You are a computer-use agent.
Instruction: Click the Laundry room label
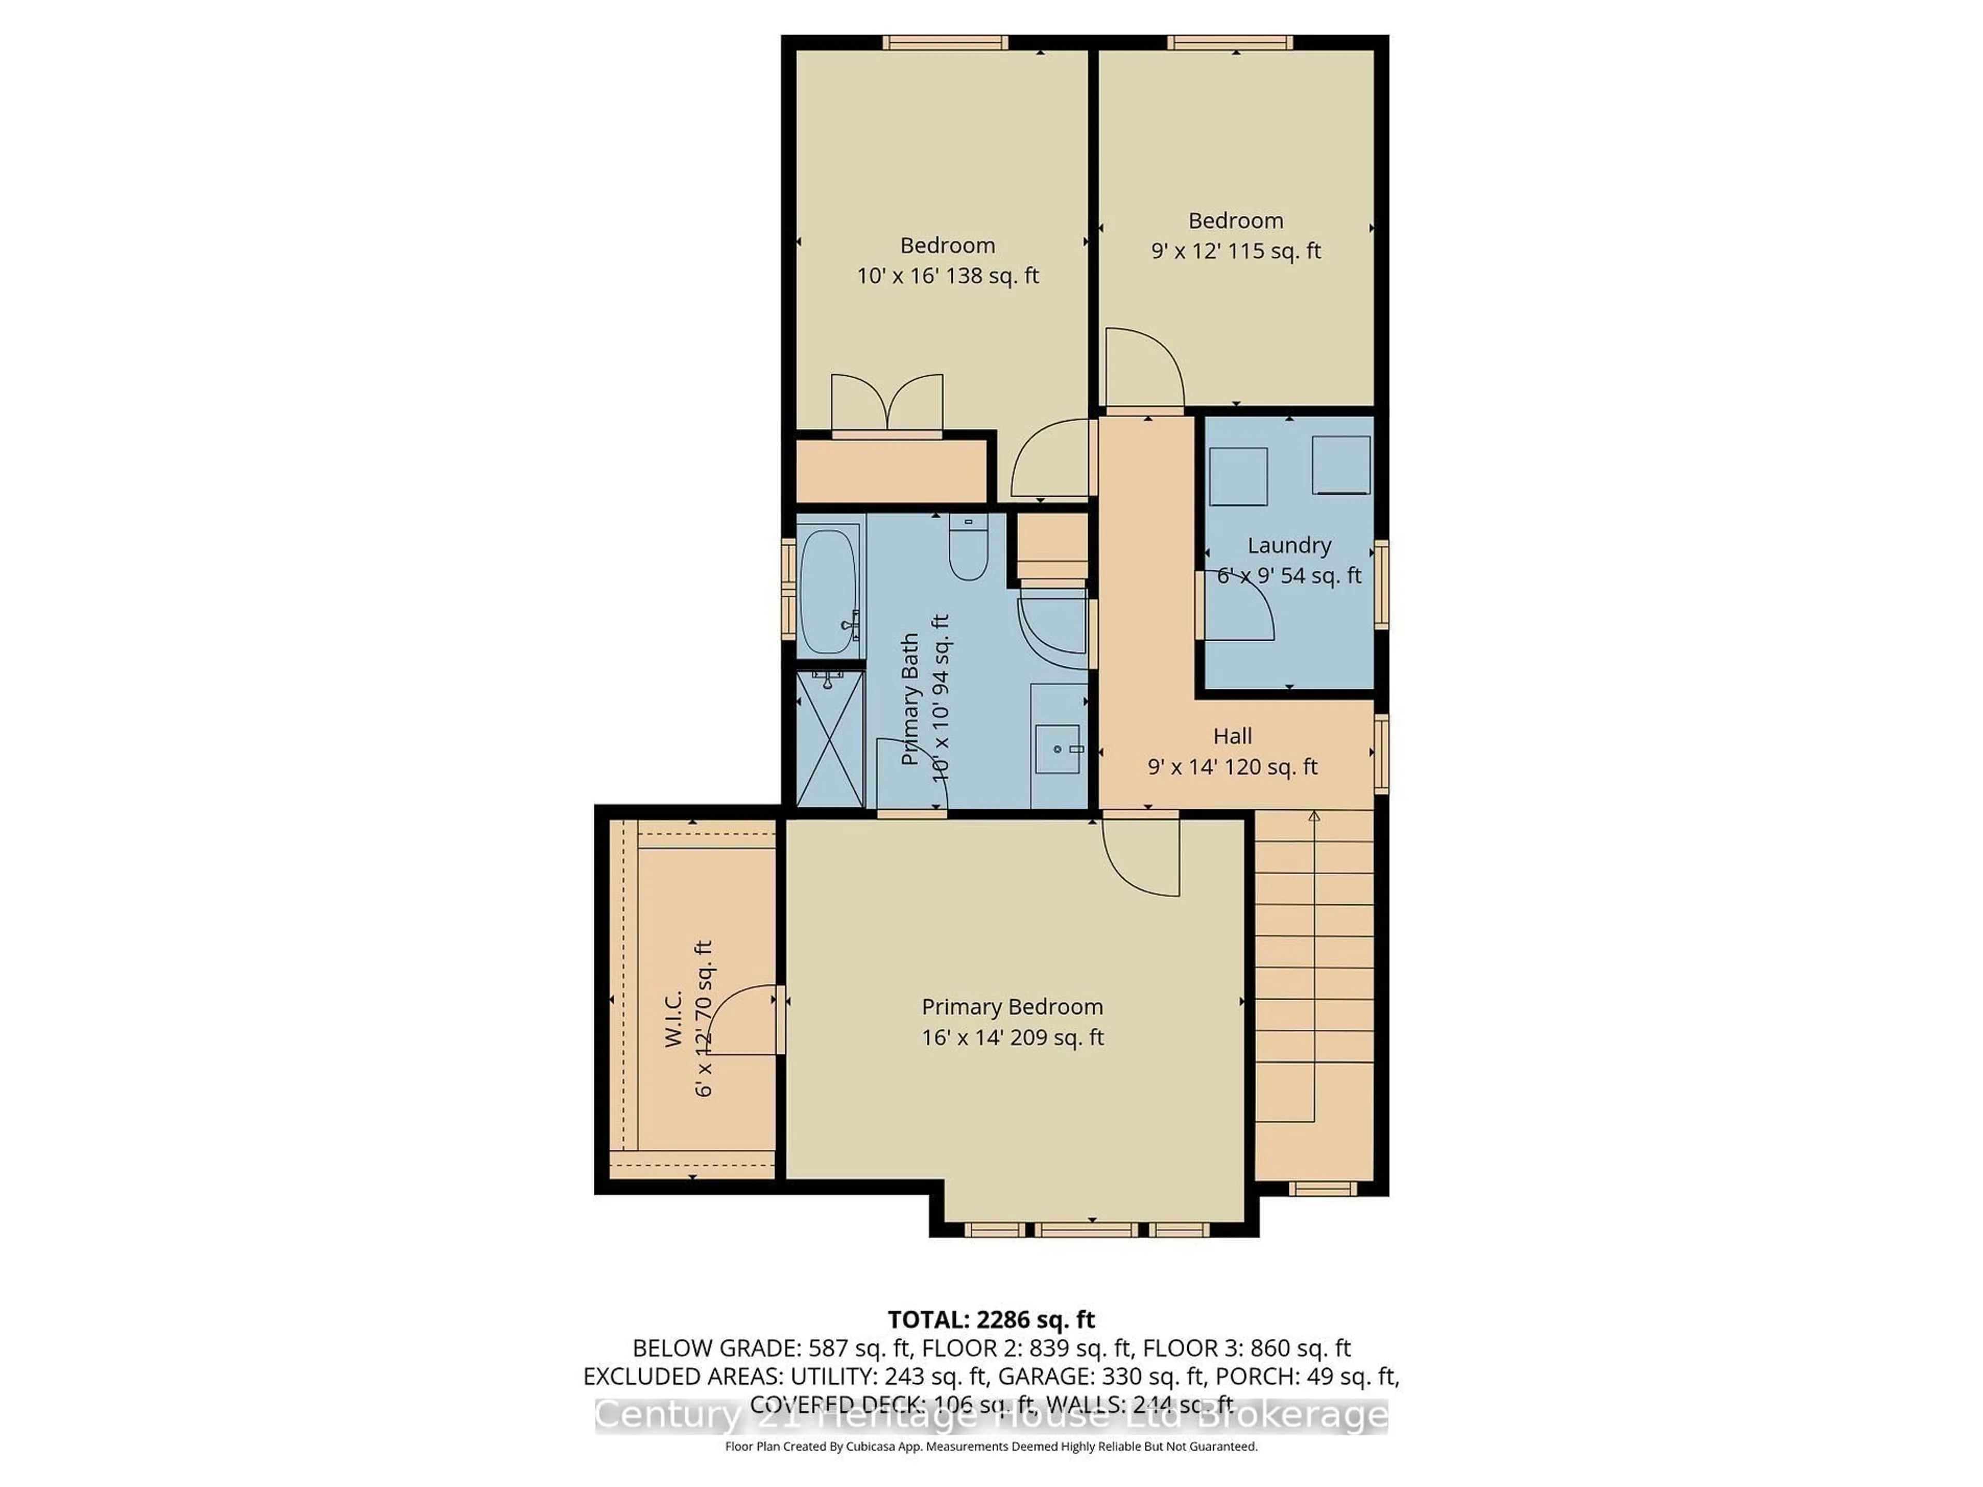click(1288, 545)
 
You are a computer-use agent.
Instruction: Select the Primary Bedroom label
click(1012, 1007)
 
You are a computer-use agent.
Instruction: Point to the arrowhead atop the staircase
click(1314, 816)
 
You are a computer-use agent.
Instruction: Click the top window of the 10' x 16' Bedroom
click(945, 42)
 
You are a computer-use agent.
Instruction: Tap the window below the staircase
click(1323, 1189)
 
